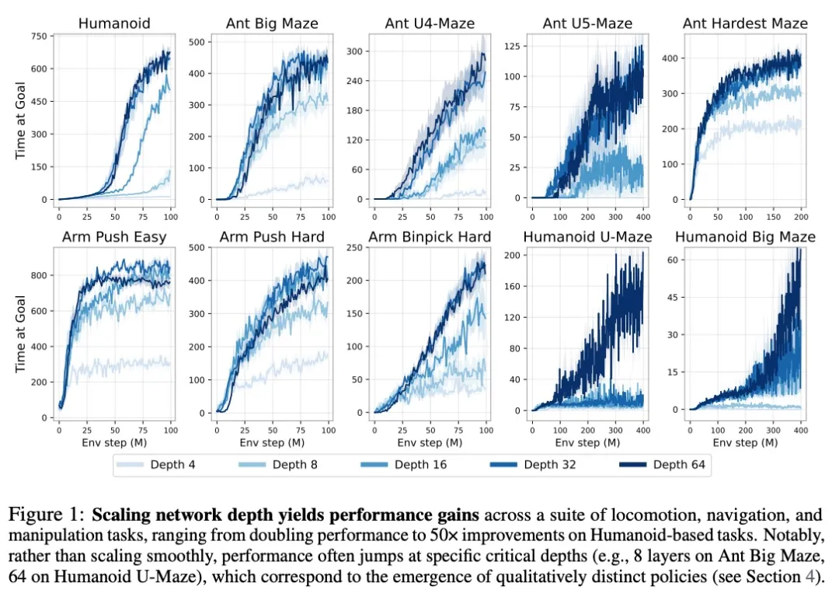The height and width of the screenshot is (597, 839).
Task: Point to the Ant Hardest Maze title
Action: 745,24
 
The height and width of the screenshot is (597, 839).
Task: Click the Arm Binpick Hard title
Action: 430,236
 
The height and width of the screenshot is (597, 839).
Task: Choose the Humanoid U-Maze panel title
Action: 588,236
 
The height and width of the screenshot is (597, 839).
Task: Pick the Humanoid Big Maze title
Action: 746,236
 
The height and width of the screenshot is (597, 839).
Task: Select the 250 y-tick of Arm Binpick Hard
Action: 357,248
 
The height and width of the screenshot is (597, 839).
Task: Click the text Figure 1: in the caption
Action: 47,514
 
